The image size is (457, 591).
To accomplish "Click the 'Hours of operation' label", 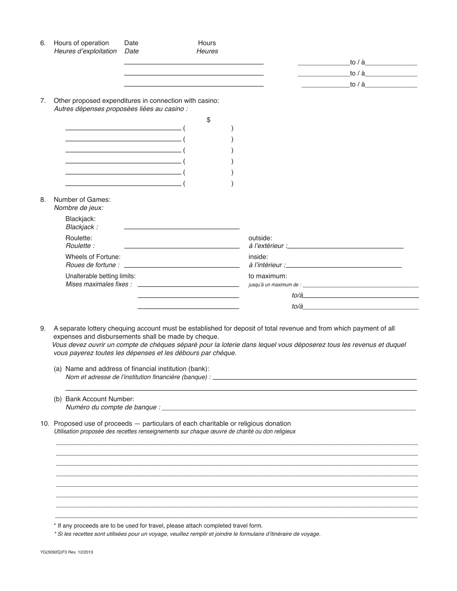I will pos(81,43).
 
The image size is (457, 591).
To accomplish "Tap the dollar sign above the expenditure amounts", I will pos(208,120).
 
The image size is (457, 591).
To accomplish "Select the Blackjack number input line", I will pos(181,228).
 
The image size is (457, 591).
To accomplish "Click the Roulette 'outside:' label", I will pos(260,238).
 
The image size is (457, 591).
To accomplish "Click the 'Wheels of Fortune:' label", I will pos(93,257).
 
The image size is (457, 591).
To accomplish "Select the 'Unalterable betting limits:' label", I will pos(101,276).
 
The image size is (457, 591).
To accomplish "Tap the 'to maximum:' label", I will pos(267,276).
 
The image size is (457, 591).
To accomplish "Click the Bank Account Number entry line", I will pos(288,409).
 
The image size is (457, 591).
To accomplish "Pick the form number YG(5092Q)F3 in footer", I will pos(67,553).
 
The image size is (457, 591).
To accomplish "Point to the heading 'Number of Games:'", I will pos(82,199).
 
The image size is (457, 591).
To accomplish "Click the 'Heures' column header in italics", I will pos(207,51).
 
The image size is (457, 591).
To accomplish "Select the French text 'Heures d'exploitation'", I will pos(85,51).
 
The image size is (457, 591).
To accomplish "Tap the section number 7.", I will pos(43,100).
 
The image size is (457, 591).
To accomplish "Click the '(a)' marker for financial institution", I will pos(58,369).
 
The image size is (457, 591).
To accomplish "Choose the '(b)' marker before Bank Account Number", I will pos(58,399).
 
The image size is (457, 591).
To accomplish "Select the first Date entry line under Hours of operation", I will pos(193,63).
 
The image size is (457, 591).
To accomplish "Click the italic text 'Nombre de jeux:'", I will pos(78,208).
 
